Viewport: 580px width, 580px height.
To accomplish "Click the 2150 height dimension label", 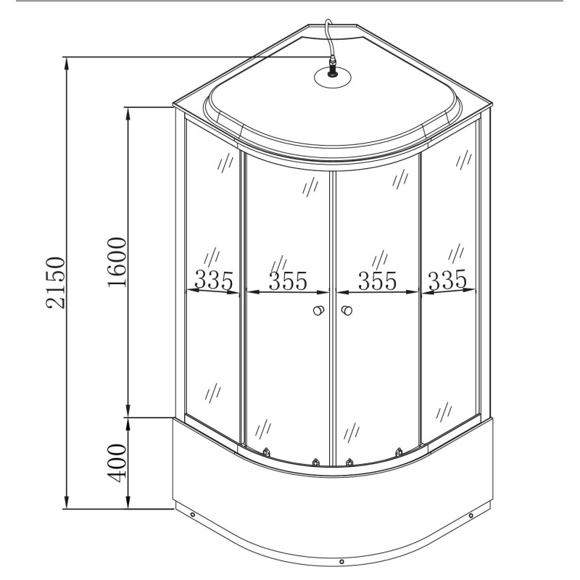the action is pos(56,283).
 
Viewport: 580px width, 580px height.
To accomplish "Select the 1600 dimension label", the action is pos(117,262).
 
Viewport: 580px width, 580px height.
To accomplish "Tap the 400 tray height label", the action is pos(117,463).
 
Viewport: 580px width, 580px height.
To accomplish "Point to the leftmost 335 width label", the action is pos(214,280).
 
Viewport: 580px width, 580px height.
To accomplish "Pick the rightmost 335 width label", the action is pos(447,280).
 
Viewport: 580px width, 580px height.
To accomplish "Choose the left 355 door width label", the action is pos(288,281).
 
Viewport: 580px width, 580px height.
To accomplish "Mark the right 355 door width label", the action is pos(377,281).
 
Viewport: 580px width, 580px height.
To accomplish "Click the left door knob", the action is pos(318,310).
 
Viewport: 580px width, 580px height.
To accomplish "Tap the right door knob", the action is pos(347,310).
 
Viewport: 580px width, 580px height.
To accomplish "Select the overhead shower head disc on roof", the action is pos(333,78).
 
